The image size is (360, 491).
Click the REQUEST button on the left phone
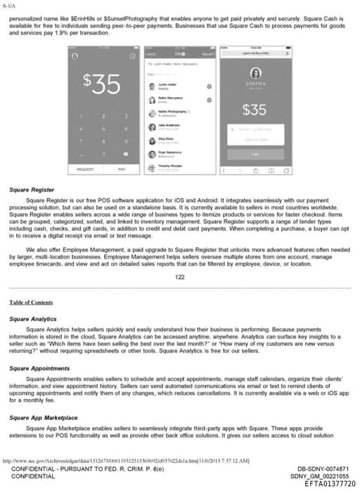[x=85, y=169]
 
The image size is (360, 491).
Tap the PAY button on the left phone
[x=122, y=169]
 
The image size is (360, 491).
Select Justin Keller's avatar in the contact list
[x=152, y=85]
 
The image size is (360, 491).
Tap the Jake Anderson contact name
[x=169, y=126]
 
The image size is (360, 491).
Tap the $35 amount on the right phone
[x=254, y=110]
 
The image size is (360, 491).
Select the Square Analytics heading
[x=34, y=318]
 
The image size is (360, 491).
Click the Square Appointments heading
[x=40, y=369]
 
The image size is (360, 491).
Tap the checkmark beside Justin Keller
[x=209, y=85]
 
